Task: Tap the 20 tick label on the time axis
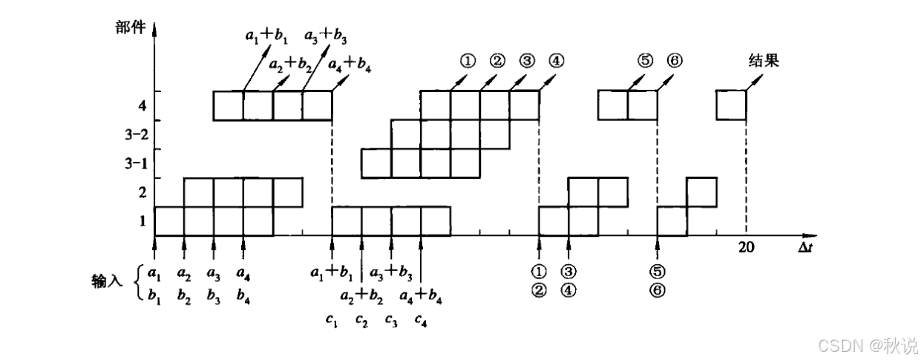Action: (746, 248)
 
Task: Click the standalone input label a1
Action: (154, 272)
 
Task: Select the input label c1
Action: (332, 321)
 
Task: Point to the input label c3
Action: (391, 321)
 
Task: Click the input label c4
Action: (421, 321)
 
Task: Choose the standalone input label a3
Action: (214, 272)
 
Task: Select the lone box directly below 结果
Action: (731, 105)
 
